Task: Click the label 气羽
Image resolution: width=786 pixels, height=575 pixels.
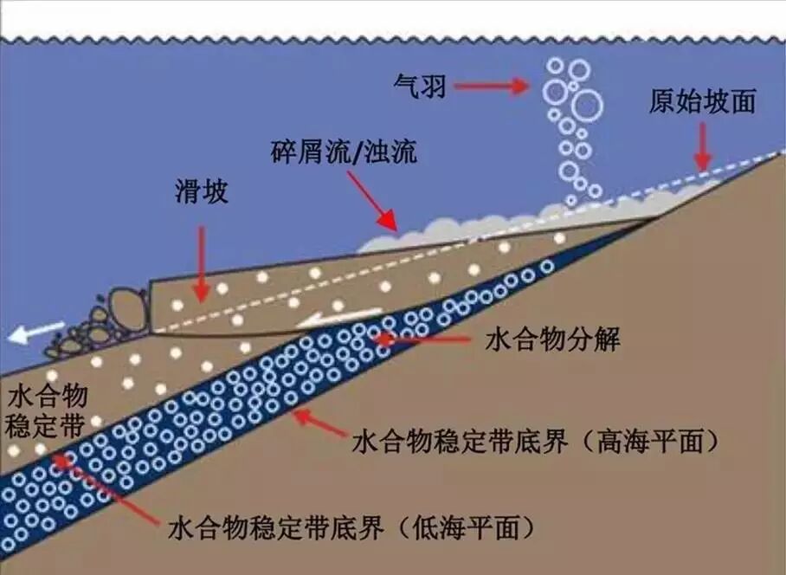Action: pos(418,85)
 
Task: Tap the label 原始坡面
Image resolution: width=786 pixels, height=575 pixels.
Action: pos(702,101)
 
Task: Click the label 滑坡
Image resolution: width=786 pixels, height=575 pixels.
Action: pos(201,191)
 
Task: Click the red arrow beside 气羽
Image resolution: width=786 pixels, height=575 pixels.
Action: pos(490,85)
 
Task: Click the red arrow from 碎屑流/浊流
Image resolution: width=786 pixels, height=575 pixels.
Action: pos(374,202)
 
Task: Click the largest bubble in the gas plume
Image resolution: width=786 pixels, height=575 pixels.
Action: pos(587,105)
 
